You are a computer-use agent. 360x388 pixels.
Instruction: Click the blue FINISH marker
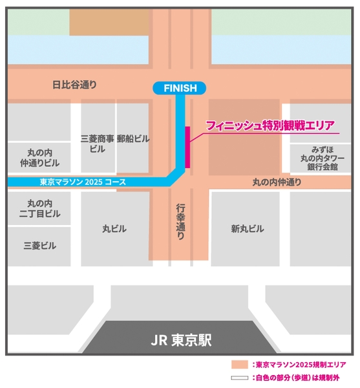[x=179, y=88]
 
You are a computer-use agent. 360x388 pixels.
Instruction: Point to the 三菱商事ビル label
[x=98, y=144]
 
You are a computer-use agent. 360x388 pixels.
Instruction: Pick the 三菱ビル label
[x=39, y=246]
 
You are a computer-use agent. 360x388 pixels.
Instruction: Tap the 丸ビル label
[x=114, y=228]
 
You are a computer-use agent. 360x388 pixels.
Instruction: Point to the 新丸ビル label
[x=248, y=228]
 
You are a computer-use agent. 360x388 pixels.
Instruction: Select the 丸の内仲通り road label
[x=277, y=183]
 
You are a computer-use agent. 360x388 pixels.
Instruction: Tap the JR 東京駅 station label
[x=180, y=339]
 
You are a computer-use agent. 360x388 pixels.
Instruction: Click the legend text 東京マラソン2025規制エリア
[x=297, y=365]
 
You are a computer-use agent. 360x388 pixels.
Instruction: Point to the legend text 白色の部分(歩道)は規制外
[x=297, y=378]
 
